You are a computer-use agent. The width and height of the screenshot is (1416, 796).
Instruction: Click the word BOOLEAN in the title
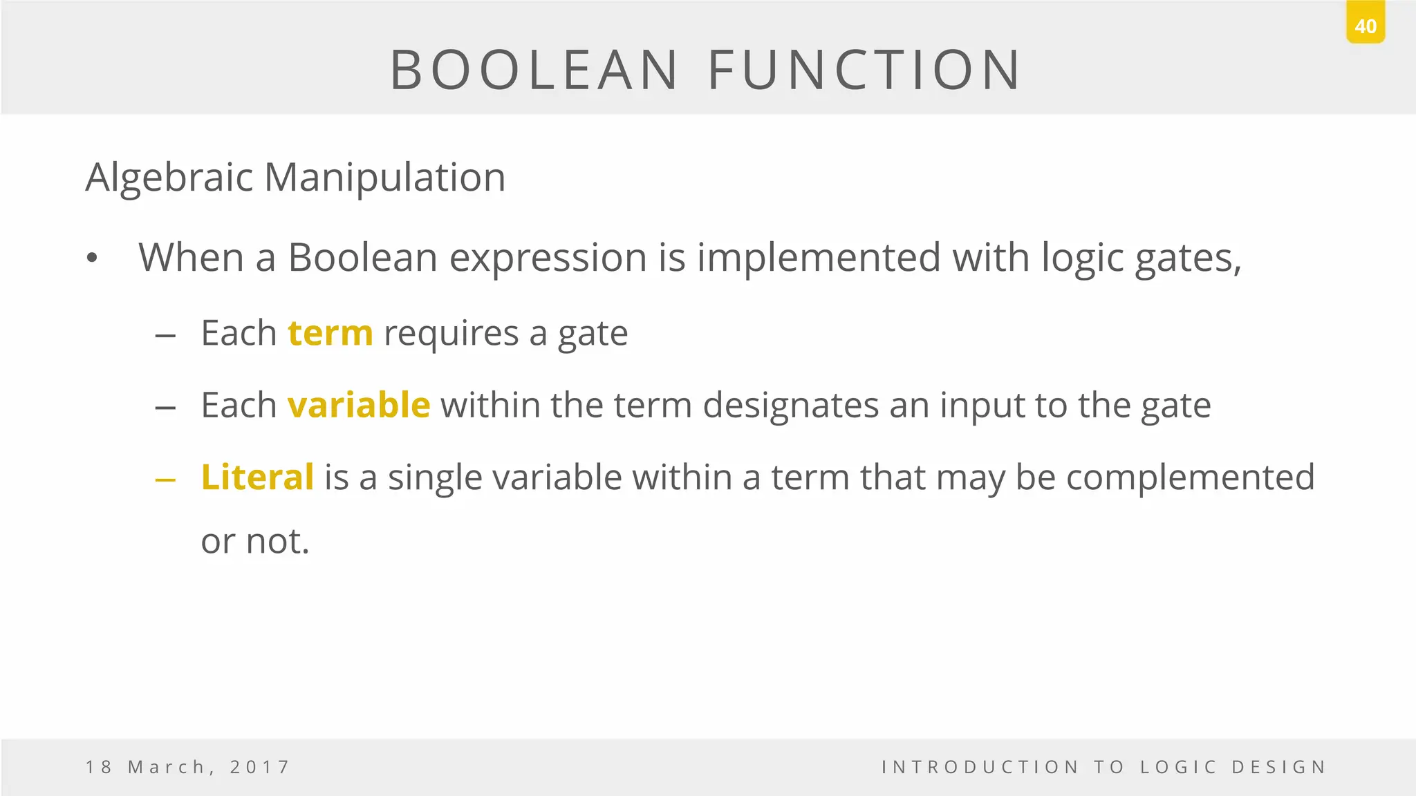(x=534, y=70)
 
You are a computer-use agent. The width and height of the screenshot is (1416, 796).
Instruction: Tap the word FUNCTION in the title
(x=864, y=70)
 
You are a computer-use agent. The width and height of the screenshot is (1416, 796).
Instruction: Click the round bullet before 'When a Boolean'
(x=93, y=259)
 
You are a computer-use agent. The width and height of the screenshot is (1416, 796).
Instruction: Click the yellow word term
(x=330, y=334)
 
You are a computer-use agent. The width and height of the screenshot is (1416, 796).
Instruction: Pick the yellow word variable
(x=359, y=406)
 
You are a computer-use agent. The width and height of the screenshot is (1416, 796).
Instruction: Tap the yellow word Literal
(x=257, y=477)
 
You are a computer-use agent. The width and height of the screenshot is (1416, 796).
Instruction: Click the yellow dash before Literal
(x=165, y=480)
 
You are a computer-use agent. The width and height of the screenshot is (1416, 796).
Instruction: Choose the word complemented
(x=1190, y=477)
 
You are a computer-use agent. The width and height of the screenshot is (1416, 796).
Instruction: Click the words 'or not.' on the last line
(x=254, y=541)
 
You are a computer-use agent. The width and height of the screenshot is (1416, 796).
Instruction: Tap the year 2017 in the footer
(x=259, y=767)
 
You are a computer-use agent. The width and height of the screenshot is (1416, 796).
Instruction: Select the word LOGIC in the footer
(x=1178, y=767)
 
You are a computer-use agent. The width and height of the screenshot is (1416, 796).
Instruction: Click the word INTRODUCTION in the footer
(x=980, y=767)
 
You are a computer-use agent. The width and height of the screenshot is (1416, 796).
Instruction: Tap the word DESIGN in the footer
(x=1279, y=767)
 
